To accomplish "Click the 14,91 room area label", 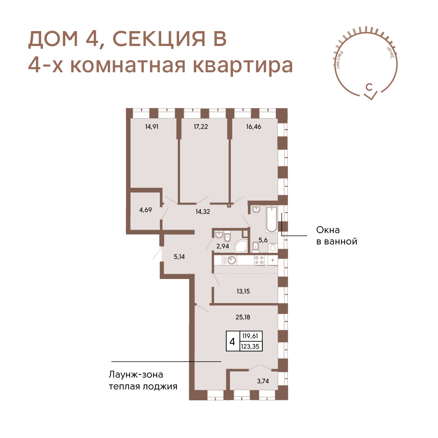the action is pos(152,127).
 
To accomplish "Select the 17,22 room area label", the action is pos(201,127).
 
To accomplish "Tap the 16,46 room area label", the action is pos(254,127).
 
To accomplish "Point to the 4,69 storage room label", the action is pos(145,210).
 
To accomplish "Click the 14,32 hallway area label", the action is pos(203,212).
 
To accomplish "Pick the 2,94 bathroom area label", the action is pos(223,246).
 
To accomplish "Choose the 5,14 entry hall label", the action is pos(179,256).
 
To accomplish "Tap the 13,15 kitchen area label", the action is pos(243,291).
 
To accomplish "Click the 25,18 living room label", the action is pos(243,317).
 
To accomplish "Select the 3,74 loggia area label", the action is pos(263,381).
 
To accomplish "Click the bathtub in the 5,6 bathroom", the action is pos(272,219).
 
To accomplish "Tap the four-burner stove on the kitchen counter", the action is pos(259,260).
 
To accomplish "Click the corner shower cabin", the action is pos(240,246).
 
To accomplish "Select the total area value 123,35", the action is pos(250,346).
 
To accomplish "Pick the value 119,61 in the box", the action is pos(250,336).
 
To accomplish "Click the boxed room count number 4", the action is pos(232,341).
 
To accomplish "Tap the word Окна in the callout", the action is pos(328,230).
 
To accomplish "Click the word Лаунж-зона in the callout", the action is pos(136,374).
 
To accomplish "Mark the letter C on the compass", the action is pos(369,87).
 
